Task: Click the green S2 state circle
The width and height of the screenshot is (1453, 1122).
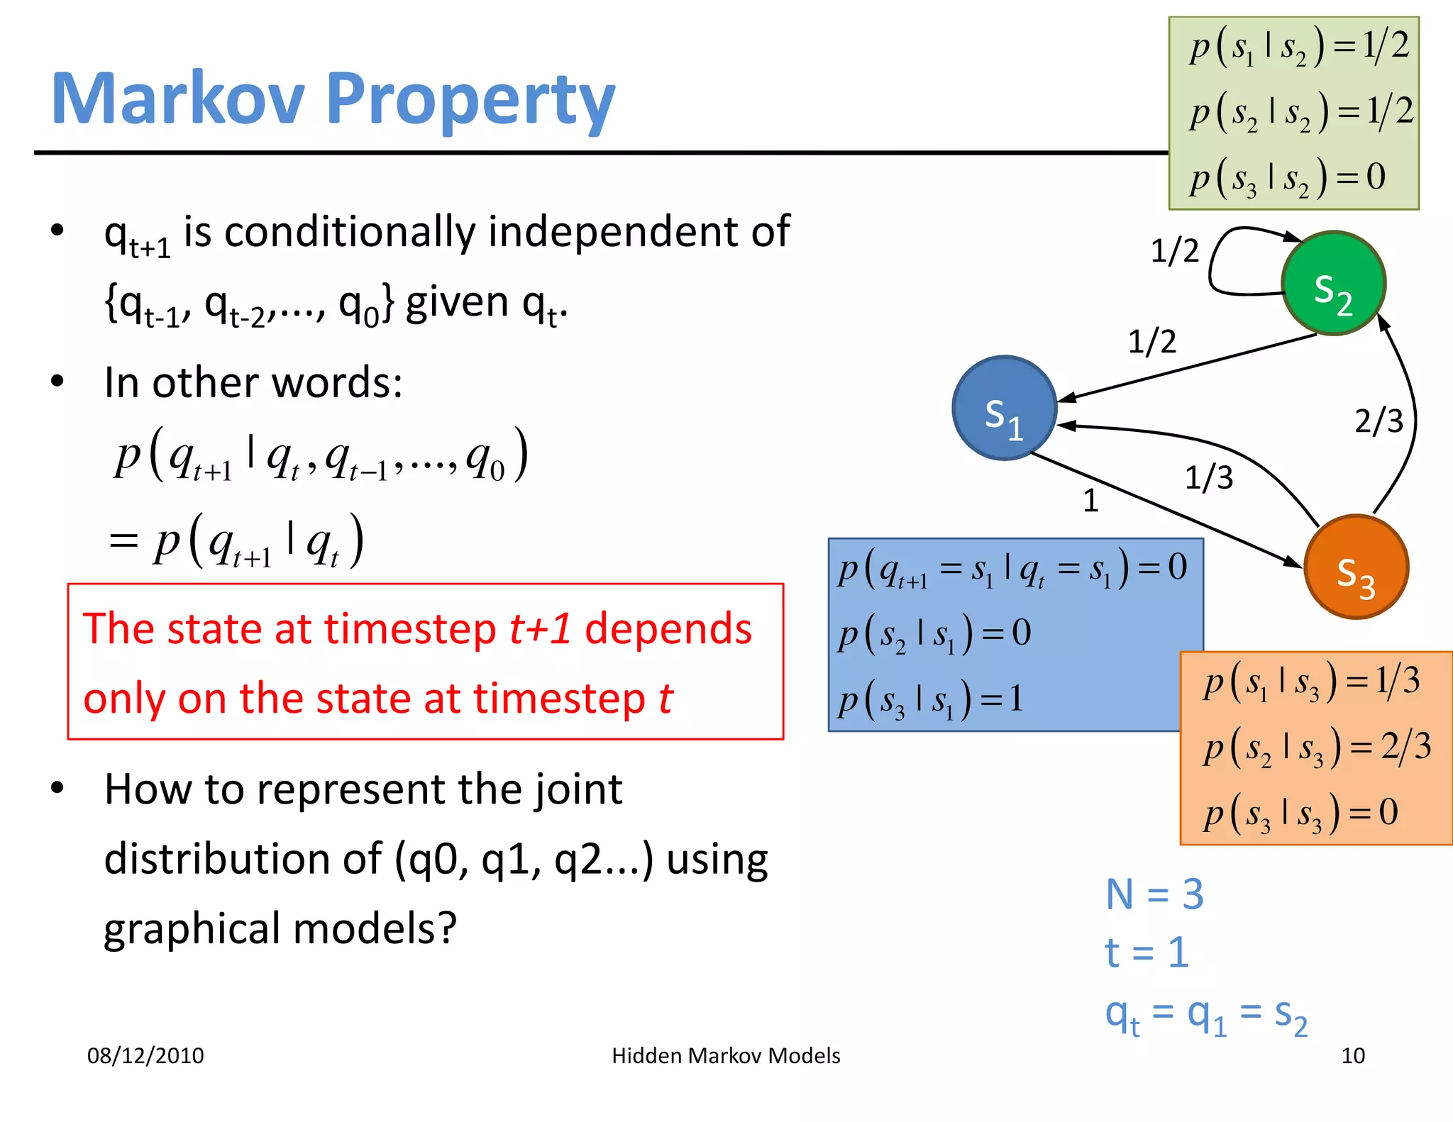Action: click(x=1333, y=283)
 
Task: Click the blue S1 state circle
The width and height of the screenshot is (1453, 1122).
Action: click(x=1005, y=409)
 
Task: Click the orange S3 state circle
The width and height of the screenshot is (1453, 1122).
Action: click(x=1356, y=567)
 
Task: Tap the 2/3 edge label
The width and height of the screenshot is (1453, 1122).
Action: click(x=1379, y=421)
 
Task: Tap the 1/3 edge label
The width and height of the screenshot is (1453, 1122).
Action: click(x=1209, y=478)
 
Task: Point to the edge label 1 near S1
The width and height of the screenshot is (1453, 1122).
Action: click(x=1090, y=501)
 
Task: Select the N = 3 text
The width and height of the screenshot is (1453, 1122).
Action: click(x=1154, y=894)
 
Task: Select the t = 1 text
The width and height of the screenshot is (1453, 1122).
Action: click(x=1147, y=952)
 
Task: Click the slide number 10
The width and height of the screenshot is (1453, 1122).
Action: click(x=1352, y=1056)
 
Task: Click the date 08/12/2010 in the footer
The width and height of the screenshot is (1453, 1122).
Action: click(x=145, y=1056)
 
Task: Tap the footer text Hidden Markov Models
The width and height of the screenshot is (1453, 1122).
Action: click(x=726, y=1056)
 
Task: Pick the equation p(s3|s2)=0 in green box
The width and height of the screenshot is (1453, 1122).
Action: click(x=1287, y=177)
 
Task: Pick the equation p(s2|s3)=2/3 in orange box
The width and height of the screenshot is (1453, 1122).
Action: click(x=1317, y=747)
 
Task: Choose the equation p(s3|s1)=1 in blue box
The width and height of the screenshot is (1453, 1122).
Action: click(x=930, y=699)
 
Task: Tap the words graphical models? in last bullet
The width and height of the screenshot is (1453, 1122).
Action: click(x=280, y=928)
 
